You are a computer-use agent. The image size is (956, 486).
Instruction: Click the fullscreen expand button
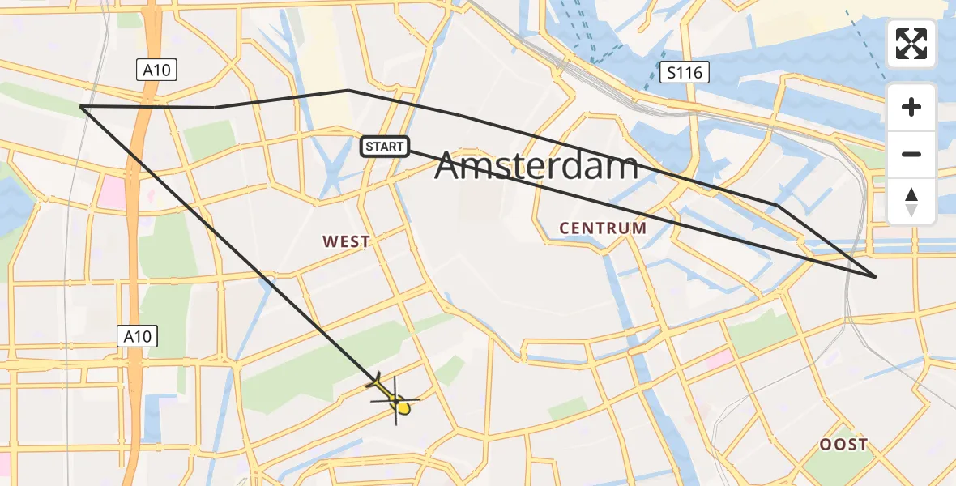[911, 44]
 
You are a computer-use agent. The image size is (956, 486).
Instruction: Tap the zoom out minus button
[911, 154]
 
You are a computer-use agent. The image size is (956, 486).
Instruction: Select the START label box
[385, 147]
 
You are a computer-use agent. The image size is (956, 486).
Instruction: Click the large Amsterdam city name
[536, 167]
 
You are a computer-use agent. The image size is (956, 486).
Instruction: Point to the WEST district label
[346, 241]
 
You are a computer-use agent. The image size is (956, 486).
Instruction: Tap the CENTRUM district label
[603, 228]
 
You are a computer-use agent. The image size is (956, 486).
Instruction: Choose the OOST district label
[843, 444]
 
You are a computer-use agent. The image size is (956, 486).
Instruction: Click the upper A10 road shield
[156, 70]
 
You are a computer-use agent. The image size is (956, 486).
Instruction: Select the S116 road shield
[684, 74]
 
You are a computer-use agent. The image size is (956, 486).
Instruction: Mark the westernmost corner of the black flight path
[81, 106]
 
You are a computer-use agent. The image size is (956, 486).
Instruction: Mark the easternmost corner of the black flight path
[876, 277]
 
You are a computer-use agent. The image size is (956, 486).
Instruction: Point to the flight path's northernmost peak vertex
[348, 90]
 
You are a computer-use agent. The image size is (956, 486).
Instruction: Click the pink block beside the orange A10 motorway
[111, 193]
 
